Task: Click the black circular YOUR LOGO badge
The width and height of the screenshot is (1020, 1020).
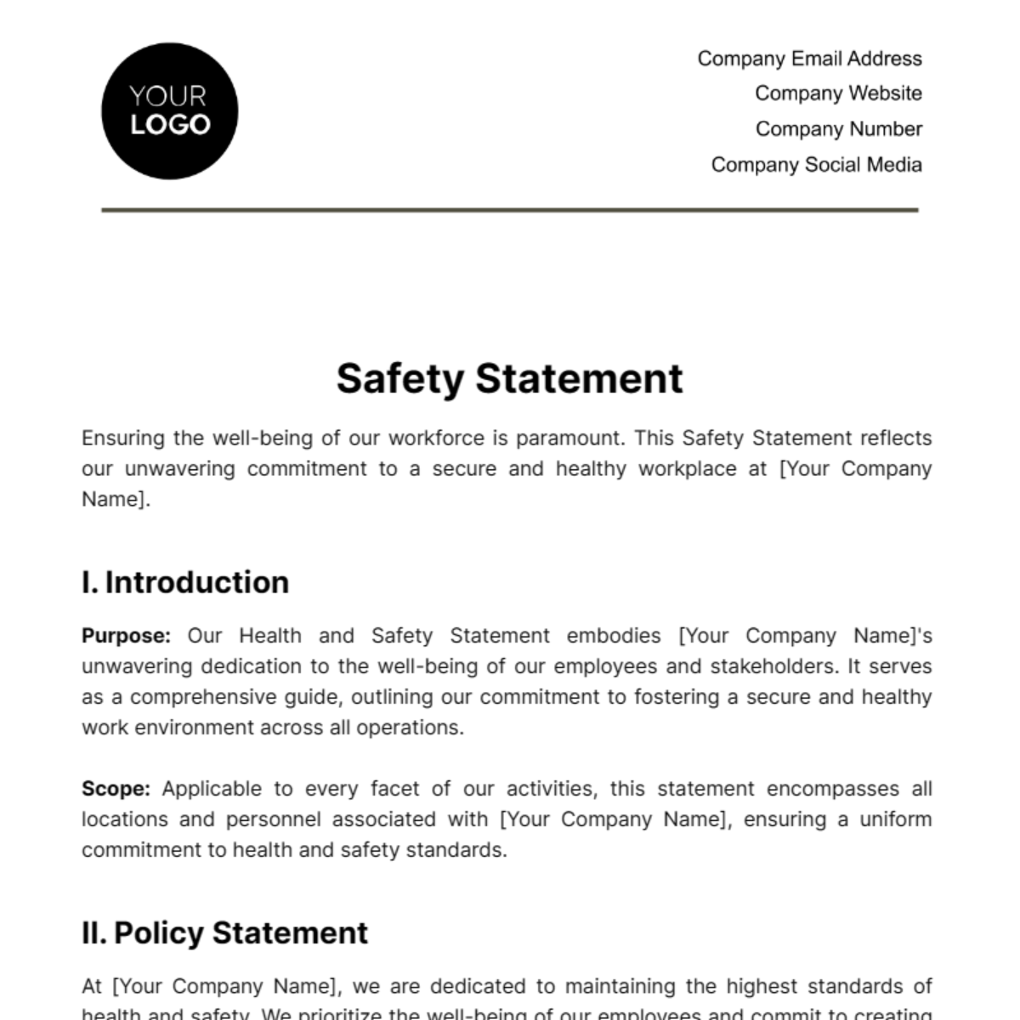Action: coord(169,111)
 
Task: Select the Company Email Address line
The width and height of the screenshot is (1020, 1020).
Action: coord(809,59)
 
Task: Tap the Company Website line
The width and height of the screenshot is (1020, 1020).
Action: coord(838,93)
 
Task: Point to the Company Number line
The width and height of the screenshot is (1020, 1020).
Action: coord(838,129)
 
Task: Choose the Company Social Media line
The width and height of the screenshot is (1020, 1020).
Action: coord(816,165)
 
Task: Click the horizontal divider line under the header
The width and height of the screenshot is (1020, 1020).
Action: coord(510,209)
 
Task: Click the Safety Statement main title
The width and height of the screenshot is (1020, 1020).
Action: coord(509,379)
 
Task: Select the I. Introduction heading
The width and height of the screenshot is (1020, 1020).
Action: coord(185,583)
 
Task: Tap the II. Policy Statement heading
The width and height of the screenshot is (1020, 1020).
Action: coord(224,933)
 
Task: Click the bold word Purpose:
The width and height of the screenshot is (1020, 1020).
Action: coord(126,636)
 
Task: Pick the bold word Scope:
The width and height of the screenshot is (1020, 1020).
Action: coord(116,789)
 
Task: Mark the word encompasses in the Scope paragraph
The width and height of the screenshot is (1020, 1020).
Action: coord(832,789)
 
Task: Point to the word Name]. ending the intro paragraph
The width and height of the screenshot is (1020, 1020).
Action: coord(116,500)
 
